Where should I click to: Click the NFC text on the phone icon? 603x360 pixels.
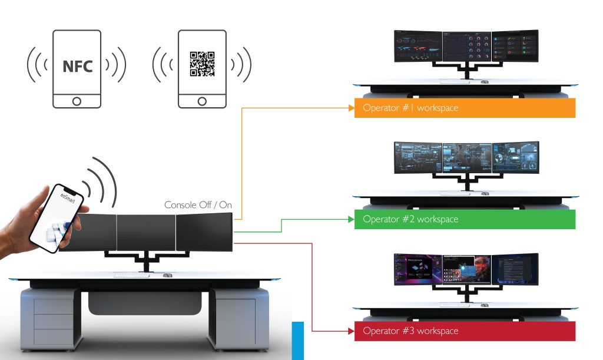tap(77, 66)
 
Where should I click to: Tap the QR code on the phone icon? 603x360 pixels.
tap(202, 64)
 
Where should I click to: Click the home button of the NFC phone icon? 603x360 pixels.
tap(77, 101)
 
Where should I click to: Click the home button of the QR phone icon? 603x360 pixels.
tap(203, 101)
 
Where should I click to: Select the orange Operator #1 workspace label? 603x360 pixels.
tap(465, 108)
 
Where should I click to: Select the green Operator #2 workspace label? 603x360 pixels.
tap(465, 219)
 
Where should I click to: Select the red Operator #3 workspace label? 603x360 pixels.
tap(465, 331)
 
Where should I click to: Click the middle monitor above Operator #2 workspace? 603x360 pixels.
tap(467, 158)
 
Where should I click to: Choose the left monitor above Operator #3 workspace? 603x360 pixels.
tap(418, 270)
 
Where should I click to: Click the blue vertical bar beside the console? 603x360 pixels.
tap(297, 340)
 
